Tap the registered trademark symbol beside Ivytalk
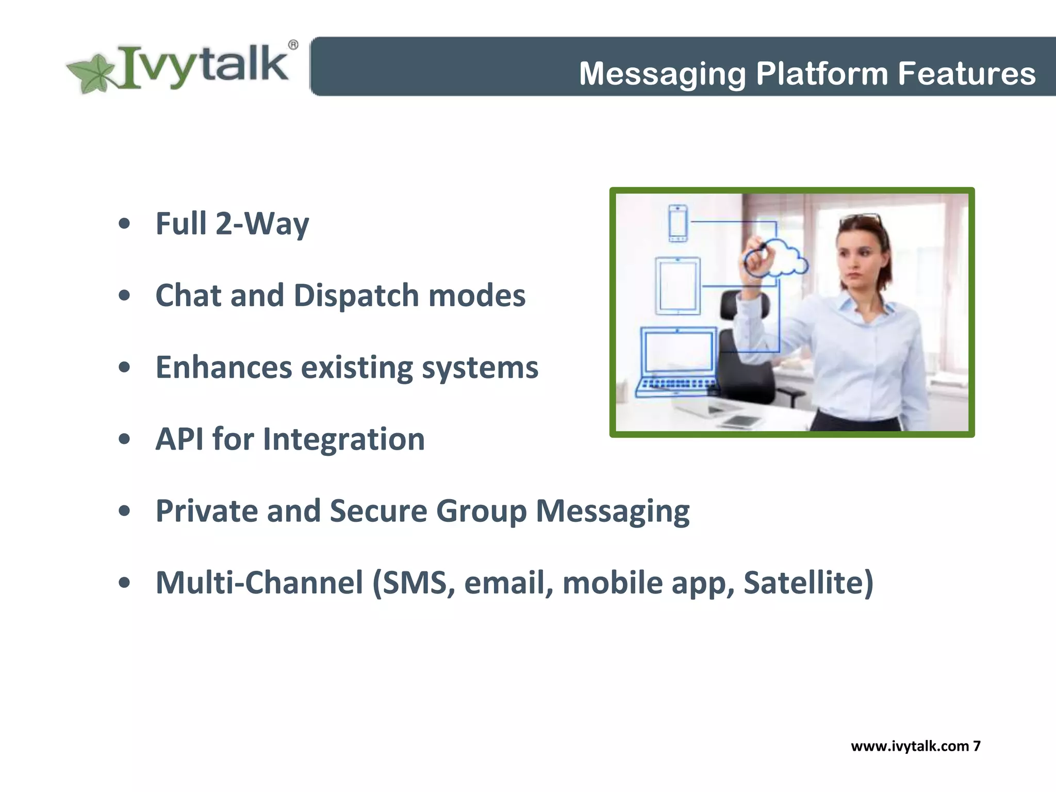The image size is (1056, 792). tap(292, 45)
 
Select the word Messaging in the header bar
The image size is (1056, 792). tap(662, 73)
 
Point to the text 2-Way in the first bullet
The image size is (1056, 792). tap(262, 224)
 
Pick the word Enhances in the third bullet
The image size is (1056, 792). tap(224, 367)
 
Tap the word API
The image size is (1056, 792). tap(179, 439)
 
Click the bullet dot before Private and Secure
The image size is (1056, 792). tap(124, 511)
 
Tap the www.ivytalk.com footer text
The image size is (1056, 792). tap(910, 746)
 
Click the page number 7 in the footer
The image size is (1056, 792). tap(977, 746)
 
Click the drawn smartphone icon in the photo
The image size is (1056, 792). tap(678, 223)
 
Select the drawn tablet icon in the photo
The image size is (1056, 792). tap(678, 286)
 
